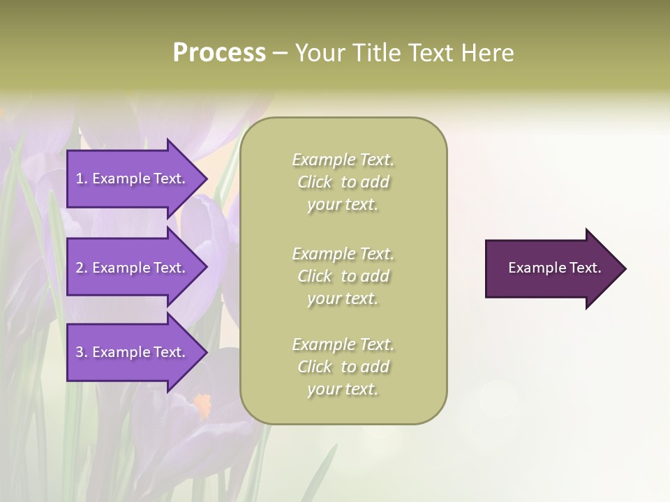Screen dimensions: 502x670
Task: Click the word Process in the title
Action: tap(219, 53)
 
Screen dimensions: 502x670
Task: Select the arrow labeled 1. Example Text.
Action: tap(133, 178)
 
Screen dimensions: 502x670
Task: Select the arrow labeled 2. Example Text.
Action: tap(133, 268)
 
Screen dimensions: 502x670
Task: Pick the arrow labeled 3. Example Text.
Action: tap(133, 352)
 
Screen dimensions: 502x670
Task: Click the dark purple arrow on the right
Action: tap(551, 268)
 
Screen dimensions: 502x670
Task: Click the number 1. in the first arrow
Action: tap(82, 178)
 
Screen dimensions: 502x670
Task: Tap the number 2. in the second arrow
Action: tap(82, 268)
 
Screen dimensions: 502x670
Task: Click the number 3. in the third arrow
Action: tap(82, 352)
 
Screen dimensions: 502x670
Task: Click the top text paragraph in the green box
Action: tap(343, 182)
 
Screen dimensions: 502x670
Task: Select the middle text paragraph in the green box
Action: tap(343, 276)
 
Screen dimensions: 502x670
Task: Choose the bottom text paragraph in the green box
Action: tap(343, 367)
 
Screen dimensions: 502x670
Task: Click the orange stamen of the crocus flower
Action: tap(202, 402)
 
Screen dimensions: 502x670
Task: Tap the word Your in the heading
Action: tap(317, 53)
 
